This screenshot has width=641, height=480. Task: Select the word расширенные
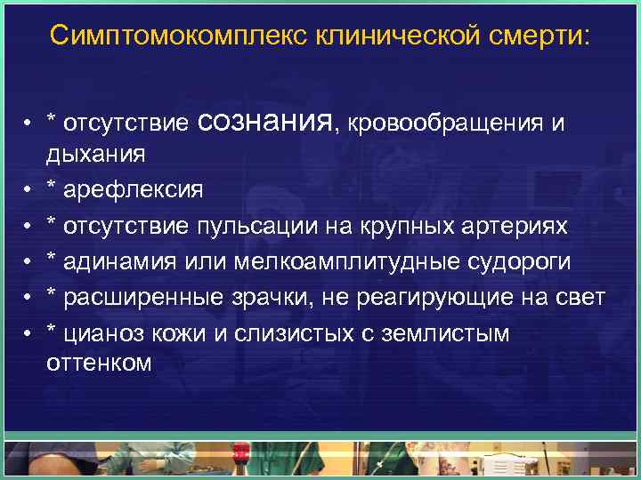(x=145, y=297)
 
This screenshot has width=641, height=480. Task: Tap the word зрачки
(x=277, y=297)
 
